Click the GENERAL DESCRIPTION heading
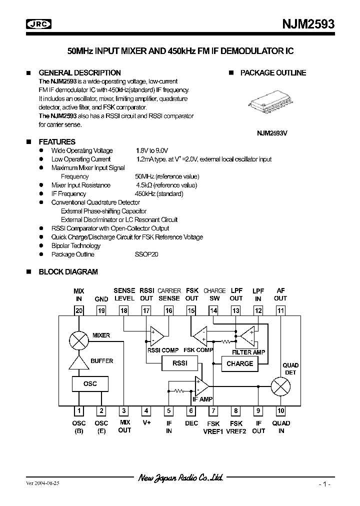pyautogui.click(x=79, y=72)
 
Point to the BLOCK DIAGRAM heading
pyautogui.click(x=68, y=272)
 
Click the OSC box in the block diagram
pyautogui.click(x=90, y=383)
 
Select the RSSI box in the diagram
pyautogui.click(x=179, y=363)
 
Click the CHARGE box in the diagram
pyautogui.click(x=239, y=363)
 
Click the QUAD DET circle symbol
pyautogui.click(x=280, y=386)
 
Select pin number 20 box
pyautogui.click(x=78, y=310)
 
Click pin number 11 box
pyautogui.click(x=280, y=310)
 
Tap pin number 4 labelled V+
pyautogui.click(x=146, y=411)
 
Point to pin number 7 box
pyautogui.click(x=213, y=411)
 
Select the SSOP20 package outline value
pyautogui.click(x=146, y=254)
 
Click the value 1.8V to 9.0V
pyautogui.click(x=152, y=150)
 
